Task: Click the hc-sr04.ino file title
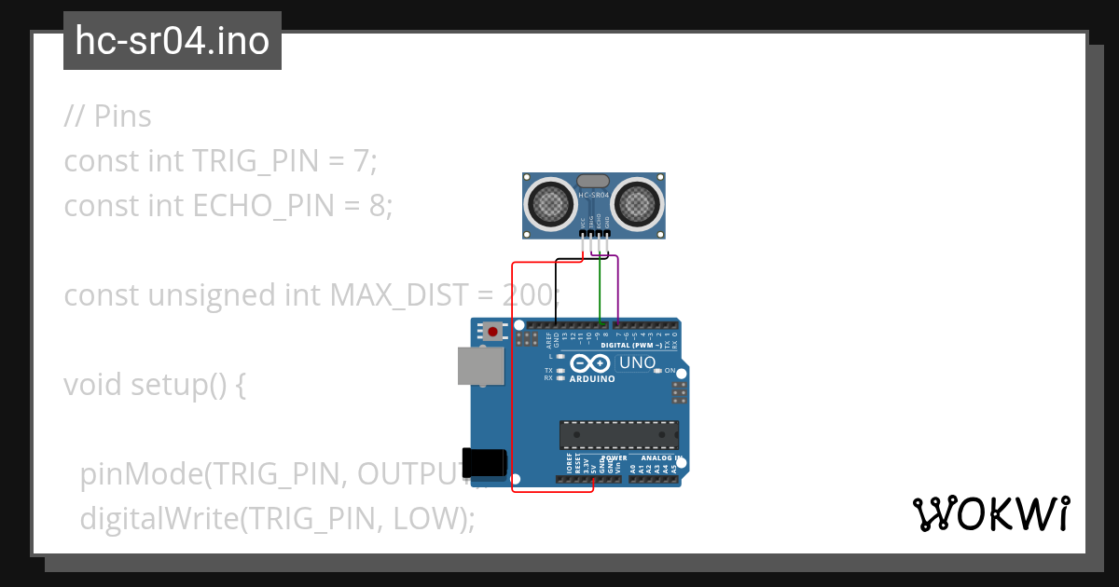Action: click(x=172, y=41)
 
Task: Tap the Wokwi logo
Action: click(x=990, y=513)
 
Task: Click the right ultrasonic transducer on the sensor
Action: click(x=638, y=201)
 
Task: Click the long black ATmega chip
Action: click(x=618, y=435)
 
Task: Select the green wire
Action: click(x=600, y=289)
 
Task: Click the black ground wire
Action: click(x=557, y=289)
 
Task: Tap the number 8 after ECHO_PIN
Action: click(x=377, y=206)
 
